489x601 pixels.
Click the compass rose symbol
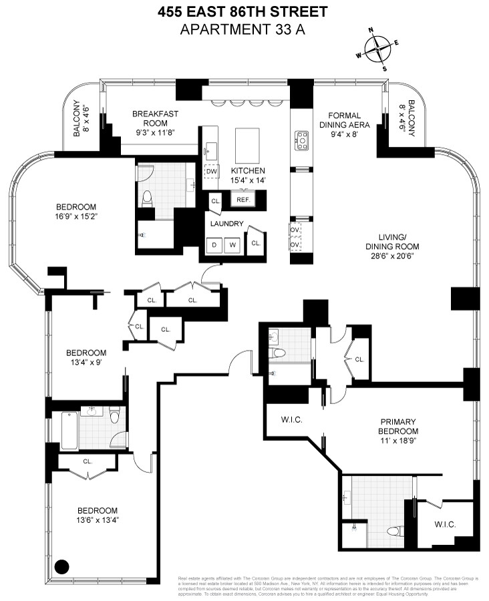(378, 48)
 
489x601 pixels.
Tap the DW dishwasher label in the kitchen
(212, 172)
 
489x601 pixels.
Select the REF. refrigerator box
(241, 199)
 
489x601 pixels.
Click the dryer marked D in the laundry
(215, 244)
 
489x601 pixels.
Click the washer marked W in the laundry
(233, 244)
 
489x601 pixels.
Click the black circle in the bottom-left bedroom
(61, 567)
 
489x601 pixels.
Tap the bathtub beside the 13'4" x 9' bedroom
(69, 431)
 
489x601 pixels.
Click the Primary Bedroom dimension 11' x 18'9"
(398, 432)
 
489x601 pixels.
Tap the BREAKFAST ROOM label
(155, 114)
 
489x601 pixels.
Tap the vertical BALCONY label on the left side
(76, 120)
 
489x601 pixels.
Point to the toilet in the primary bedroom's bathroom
(393, 532)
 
